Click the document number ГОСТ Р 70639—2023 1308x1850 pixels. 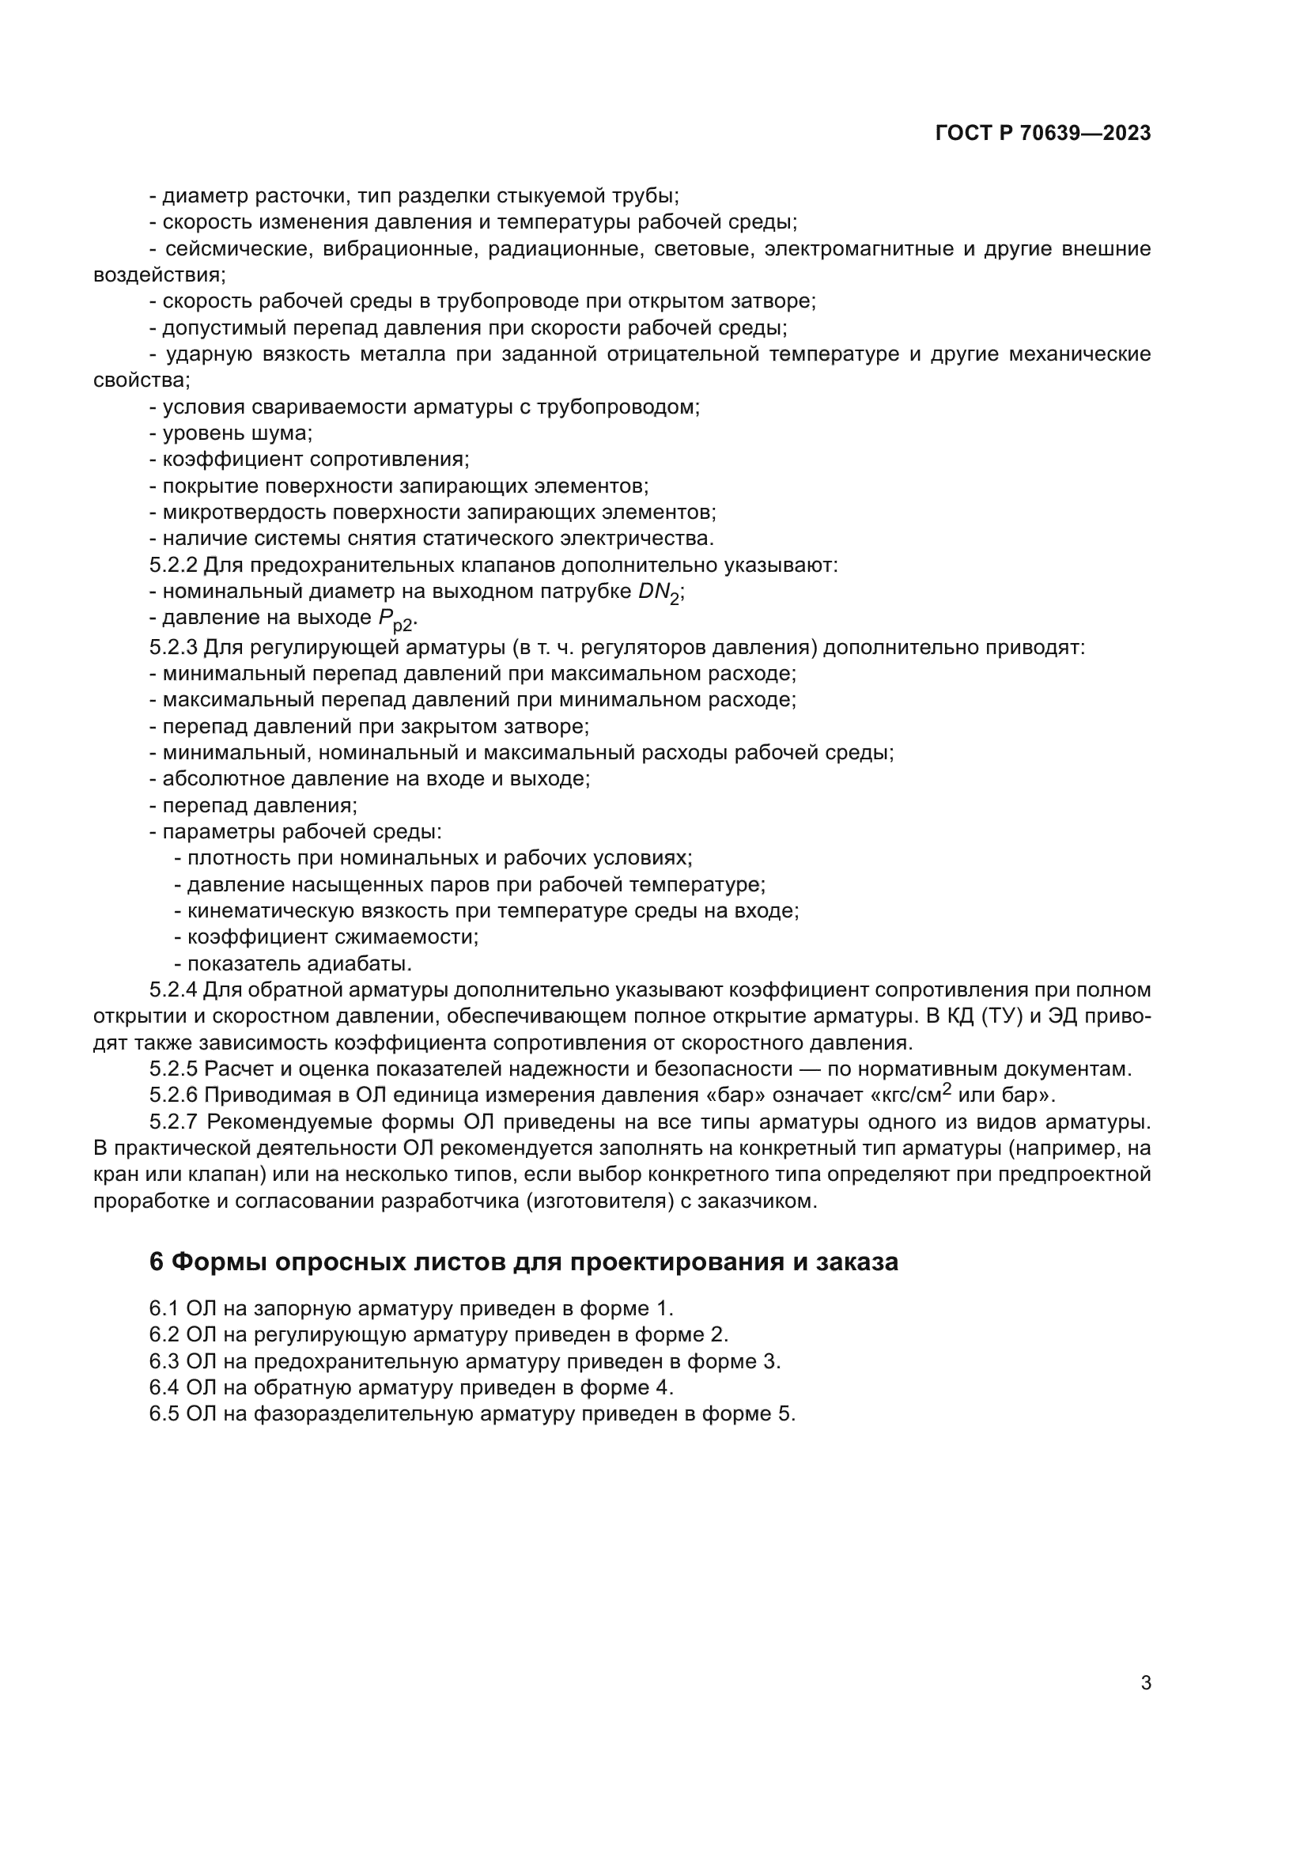1043,134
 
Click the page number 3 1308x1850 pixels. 1145,1682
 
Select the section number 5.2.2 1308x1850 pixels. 173,565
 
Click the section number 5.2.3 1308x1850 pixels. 173,647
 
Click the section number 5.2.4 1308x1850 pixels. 173,989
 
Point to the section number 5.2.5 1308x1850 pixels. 173,1069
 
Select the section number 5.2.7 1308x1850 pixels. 173,1122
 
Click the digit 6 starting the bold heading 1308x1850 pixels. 157,1261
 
